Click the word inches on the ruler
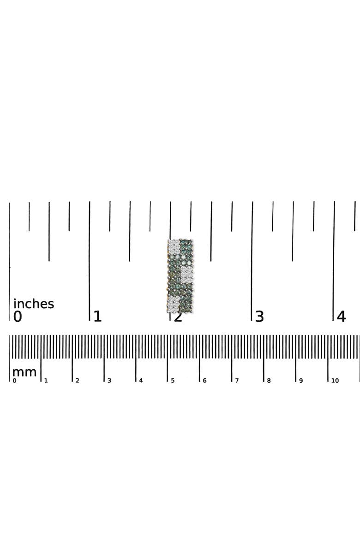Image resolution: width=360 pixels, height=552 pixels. coord(34,303)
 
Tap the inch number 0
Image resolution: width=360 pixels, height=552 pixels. coord(18,317)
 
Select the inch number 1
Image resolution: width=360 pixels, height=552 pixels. coord(98,317)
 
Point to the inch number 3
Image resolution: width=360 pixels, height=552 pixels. coord(259,317)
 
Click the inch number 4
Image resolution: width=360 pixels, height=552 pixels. coord(341,317)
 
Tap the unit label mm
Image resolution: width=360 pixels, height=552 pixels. coord(24,372)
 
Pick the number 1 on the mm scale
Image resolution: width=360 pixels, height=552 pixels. coord(46,381)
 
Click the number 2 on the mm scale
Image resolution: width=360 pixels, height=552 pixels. coord(78,381)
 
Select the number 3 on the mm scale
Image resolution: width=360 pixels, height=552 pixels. coord(109,381)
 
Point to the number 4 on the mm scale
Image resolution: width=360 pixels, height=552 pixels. coord(141,381)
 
